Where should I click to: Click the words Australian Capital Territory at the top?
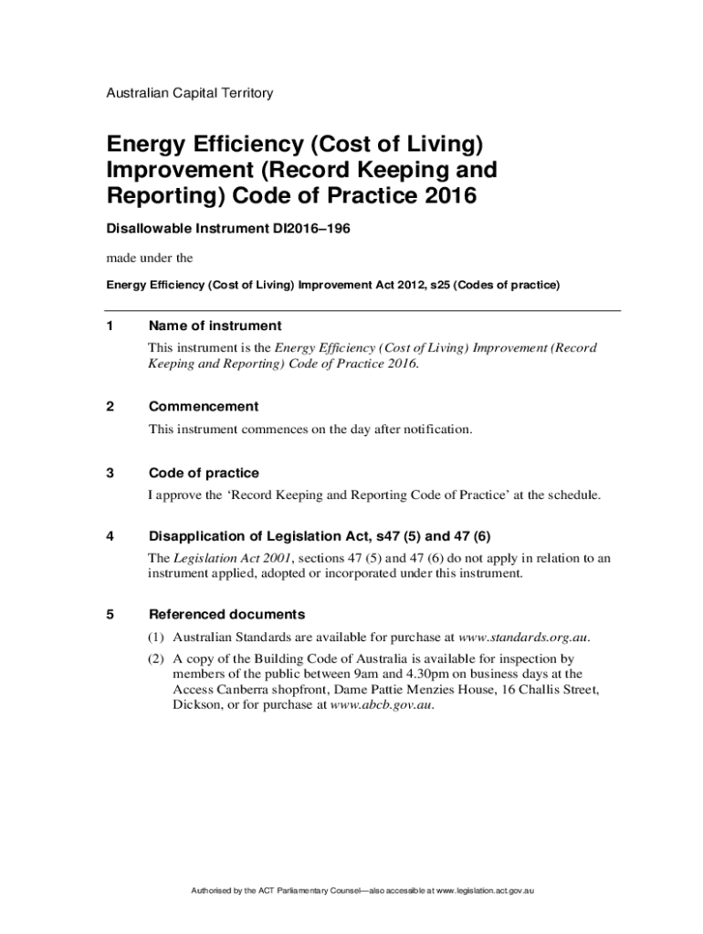190,93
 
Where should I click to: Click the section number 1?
110,327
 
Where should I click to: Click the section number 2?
110,407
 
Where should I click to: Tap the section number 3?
110,473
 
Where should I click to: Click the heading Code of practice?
204,473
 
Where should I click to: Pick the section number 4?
110,536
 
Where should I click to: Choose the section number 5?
110,615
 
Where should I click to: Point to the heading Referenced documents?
226,615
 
